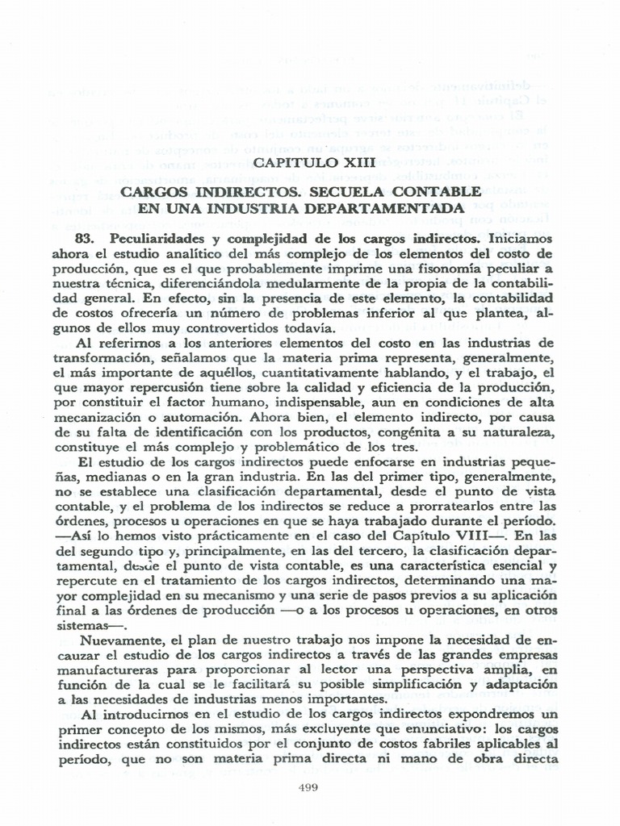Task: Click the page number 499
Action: click(x=310, y=788)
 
